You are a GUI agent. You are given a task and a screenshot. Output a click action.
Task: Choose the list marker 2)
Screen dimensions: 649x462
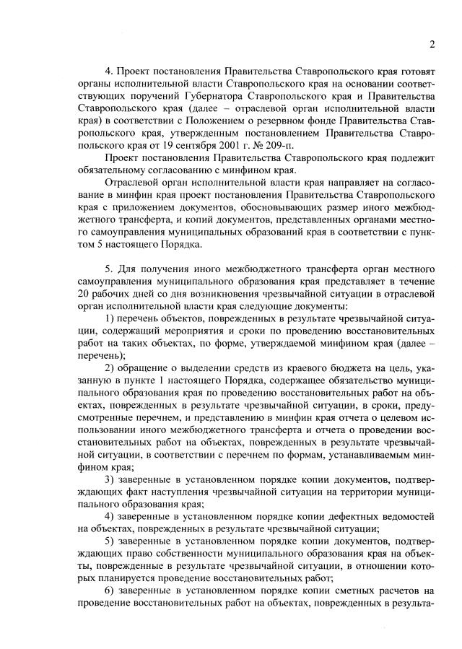pyautogui.click(x=112, y=367)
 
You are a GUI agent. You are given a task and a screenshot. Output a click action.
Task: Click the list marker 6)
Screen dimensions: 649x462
pyautogui.click(x=112, y=589)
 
